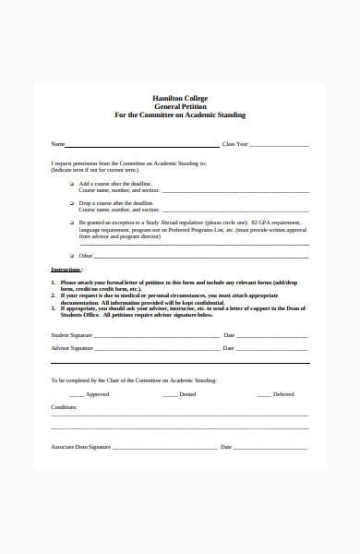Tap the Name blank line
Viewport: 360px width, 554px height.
coord(138,146)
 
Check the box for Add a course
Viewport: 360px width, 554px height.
coord(72,183)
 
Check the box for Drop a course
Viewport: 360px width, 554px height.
coord(72,202)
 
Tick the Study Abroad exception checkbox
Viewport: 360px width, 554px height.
coord(72,223)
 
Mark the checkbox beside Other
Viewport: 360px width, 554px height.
coord(72,255)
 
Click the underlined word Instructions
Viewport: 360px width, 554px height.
coord(66,269)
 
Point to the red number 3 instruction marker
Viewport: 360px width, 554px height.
coord(53,306)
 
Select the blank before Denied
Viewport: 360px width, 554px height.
coord(171,395)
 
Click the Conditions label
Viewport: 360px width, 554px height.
coord(65,407)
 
